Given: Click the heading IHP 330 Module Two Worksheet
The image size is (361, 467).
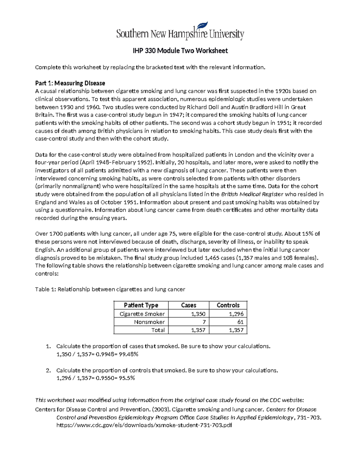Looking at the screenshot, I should pyautogui.click(x=180, y=51).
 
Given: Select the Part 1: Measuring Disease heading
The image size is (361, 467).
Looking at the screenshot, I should pyautogui.click(x=70, y=83).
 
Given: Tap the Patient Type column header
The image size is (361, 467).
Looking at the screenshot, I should pyautogui.click(x=141, y=305).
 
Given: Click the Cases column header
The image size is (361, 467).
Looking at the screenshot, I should pyautogui.click(x=189, y=305).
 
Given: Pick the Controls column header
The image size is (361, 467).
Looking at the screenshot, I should pyautogui.click(x=228, y=305).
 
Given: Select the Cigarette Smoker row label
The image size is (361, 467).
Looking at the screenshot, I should pyautogui.click(x=142, y=314).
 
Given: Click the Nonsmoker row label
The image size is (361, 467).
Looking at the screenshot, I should pyautogui.click(x=149, y=322).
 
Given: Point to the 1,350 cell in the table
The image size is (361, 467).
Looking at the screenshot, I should pyautogui.click(x=198, y=314).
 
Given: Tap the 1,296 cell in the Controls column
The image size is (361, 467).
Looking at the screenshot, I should pyautogui.click(x=236, y=314).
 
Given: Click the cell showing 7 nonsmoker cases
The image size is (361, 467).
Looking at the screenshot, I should pyautogui.click(x=204, y=322).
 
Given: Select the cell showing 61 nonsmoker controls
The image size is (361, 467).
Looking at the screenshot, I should pyautogui.click(x=240, y=322).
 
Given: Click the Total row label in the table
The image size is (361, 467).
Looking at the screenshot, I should pyautogui.click(x=158, y=330).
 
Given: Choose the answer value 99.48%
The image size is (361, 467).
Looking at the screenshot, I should pyautogui.click(x=128, y=354).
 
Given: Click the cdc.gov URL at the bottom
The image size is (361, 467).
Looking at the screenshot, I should pyautogui.click(x=144, y=426).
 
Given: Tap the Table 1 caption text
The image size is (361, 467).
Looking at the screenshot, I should pyautogui.click(x=110, y=289).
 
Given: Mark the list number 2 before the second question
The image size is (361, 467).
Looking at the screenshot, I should pyautogui.click(x=48, y=370).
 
